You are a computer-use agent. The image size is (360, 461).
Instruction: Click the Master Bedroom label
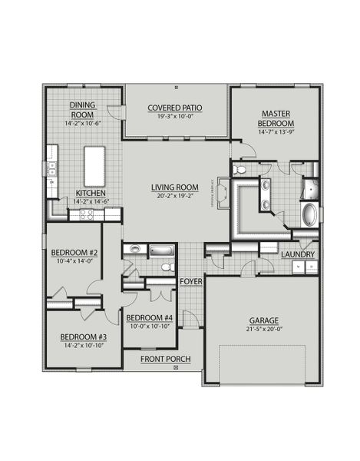coord(275,118)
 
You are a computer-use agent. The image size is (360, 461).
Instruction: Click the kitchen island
coord(94,163)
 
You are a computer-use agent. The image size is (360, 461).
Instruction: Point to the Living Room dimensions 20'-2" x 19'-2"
coord(177,195)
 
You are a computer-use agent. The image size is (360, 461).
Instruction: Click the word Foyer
coord(190,282)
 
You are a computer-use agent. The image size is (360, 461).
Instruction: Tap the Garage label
coord(263,320)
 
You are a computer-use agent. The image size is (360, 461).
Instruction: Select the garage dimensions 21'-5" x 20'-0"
coord(263,330)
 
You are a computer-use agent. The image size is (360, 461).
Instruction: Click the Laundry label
coord(296,254)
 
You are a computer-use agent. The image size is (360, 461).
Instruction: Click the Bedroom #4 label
coord(149,318)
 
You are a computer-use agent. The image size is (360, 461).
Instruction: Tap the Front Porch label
coord(166,359)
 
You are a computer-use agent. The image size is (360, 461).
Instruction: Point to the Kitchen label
coord(91,193)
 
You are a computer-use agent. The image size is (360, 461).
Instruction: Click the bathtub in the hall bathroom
coord(163,250)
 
